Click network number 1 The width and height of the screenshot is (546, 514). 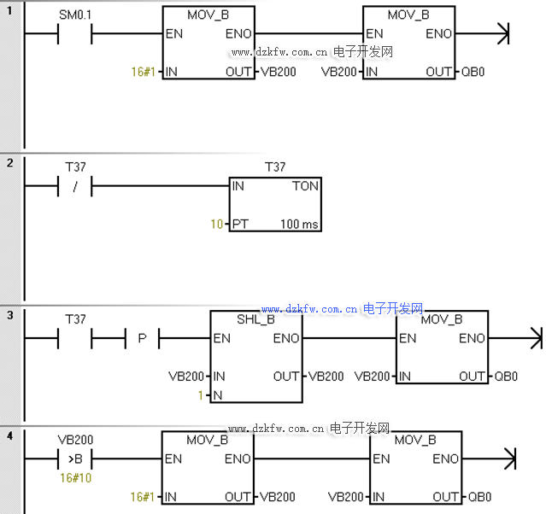click(9, 10)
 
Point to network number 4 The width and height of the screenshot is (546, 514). click(9, 436)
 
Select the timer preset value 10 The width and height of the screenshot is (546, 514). click(217, 225)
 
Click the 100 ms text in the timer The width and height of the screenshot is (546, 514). click(299, 225)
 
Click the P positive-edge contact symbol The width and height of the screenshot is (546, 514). click(142, 338)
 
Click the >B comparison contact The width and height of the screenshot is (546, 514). click(75, 459)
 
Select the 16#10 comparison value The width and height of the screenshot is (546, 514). click(75, 478)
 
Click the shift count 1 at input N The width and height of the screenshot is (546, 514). click(201, 395)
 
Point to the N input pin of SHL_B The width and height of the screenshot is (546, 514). click(218, 395)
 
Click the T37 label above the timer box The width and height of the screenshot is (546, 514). click(275, 167)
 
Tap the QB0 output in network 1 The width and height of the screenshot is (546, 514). click(473, 72)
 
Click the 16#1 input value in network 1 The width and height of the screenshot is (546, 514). click(142, 72)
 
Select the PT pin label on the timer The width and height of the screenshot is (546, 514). click(241, 225)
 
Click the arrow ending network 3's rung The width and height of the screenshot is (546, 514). click(536, 338)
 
